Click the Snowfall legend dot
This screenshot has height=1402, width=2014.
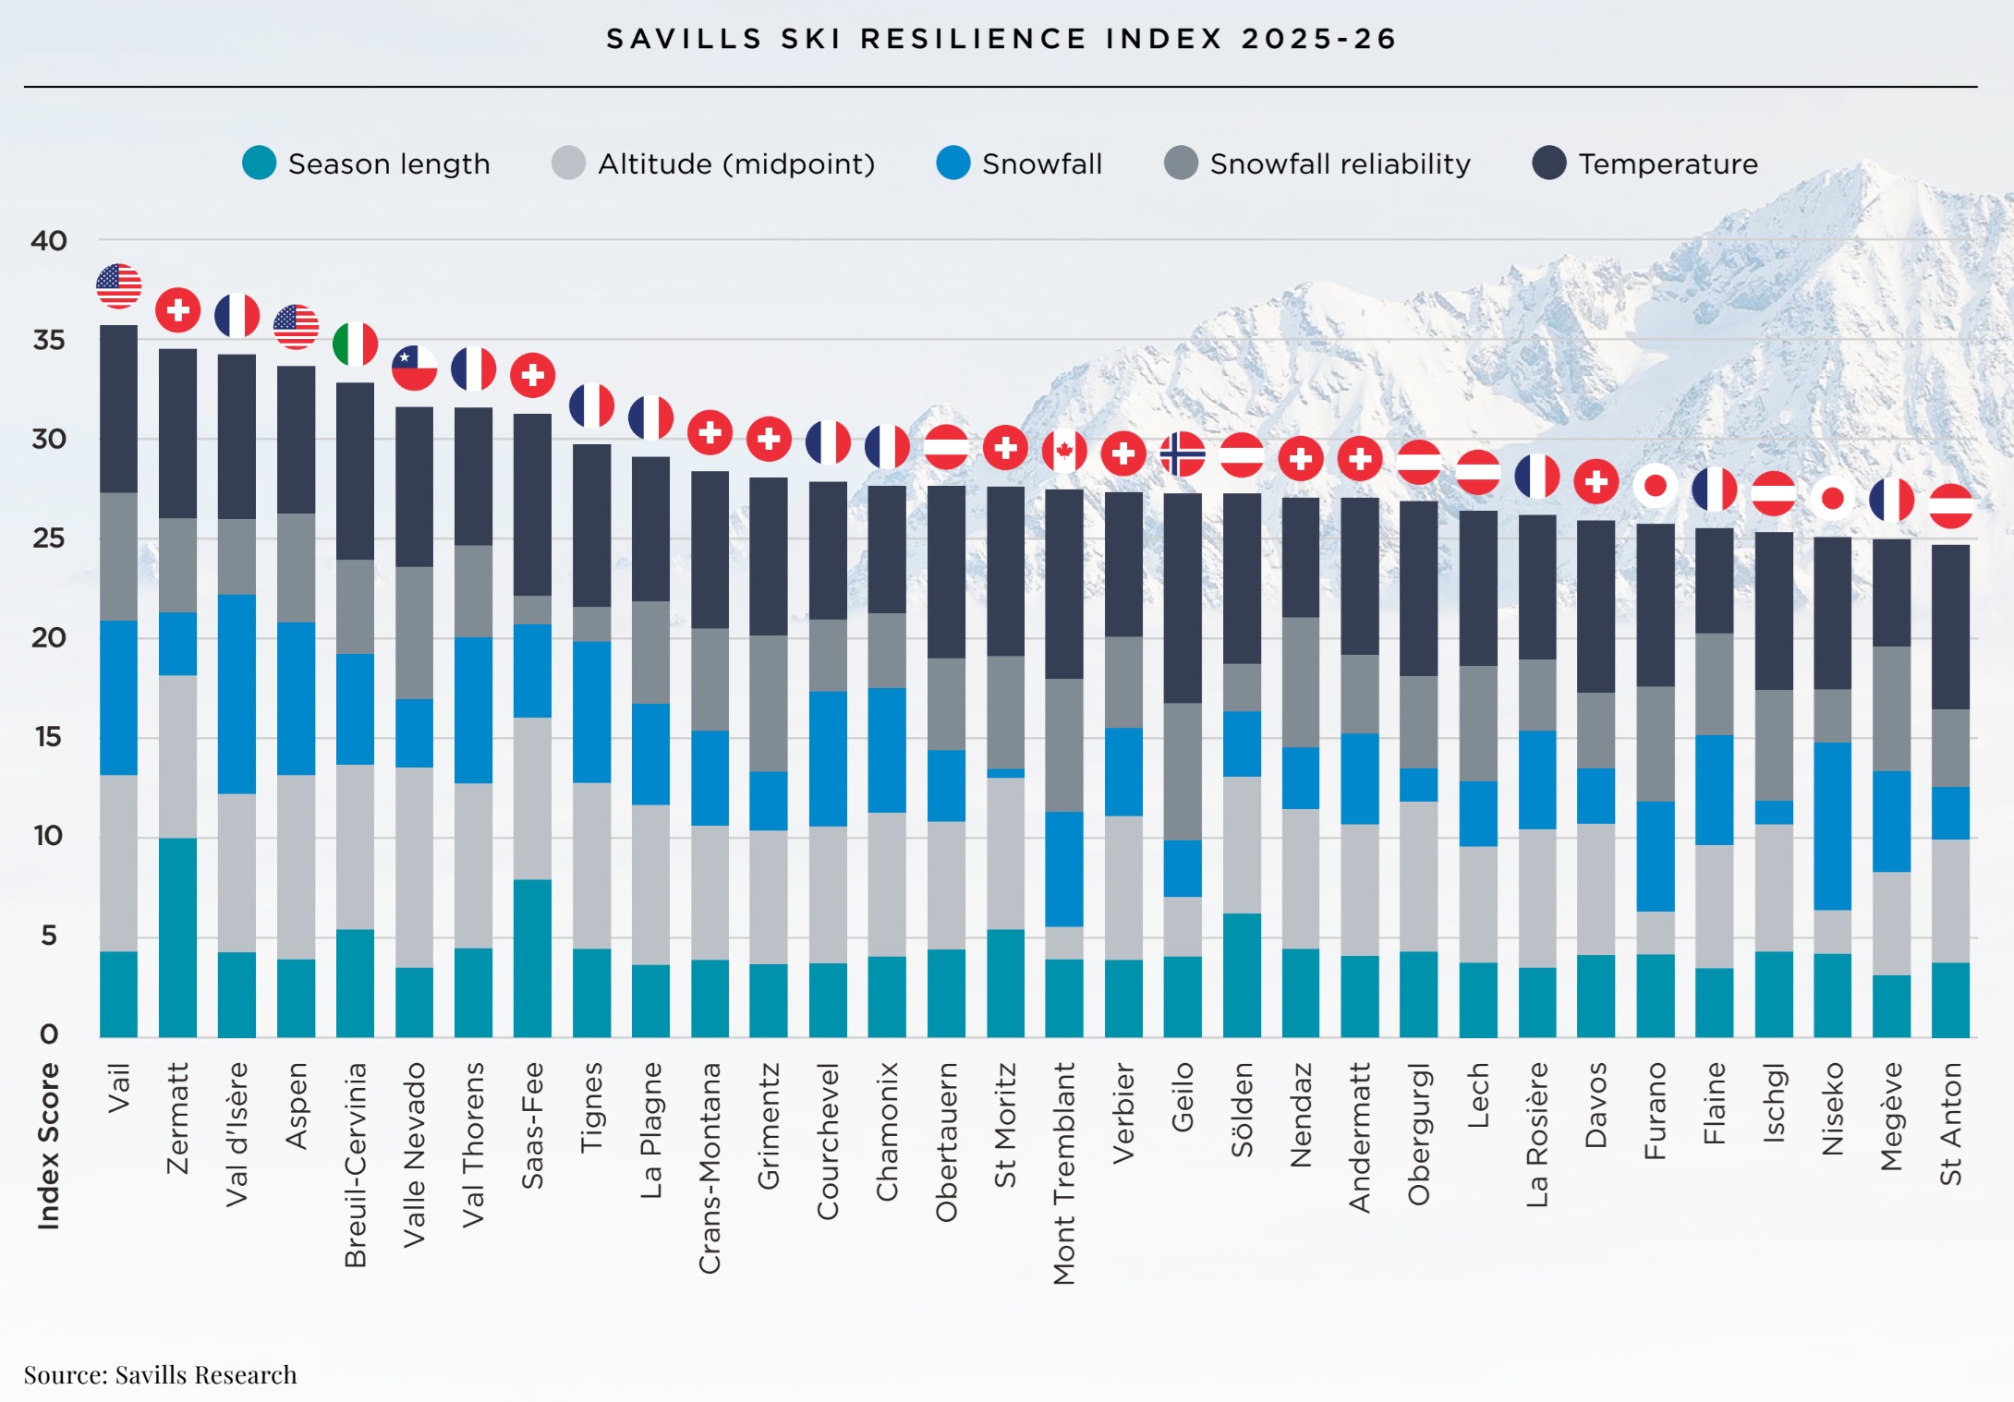coord(952,163)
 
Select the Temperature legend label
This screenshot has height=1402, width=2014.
coord(1668,163)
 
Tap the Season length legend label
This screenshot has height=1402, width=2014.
coord(389,163)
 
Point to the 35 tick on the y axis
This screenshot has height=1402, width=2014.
coord(49,340)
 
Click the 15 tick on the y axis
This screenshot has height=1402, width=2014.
coord(49,736)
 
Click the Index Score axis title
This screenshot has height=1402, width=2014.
coord(48,1145)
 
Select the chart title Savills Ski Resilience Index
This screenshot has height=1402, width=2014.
coord(1001,39)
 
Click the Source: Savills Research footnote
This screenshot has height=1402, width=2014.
coord(161,1374)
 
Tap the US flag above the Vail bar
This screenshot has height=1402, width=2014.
coord(119,286)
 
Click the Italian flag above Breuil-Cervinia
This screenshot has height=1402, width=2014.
coord(356,344)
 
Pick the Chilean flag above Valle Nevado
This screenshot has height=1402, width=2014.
coord(414,369)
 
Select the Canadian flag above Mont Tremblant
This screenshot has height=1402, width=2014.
coord(1064,452)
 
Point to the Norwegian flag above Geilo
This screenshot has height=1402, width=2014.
coord(1183,454)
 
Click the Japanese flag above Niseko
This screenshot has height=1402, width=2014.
coord(1833,499)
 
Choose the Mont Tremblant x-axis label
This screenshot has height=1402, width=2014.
coord(1064,1173)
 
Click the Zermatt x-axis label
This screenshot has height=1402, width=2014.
coord(177,1118)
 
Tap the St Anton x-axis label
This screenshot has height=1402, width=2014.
coord(1950,1123)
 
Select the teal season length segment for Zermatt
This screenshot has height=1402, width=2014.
coord(177,937)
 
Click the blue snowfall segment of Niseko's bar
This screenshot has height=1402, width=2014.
coord(1833,826)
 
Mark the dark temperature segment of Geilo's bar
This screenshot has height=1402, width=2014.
coord(1183,598)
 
